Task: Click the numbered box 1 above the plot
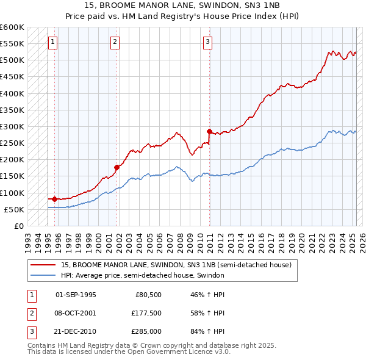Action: tap(52, 42)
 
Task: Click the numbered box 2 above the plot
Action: tap(115, 42)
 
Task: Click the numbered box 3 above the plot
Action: tap(208, 42)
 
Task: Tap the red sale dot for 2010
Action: tap(209, 131)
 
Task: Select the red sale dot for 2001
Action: tap(117, 167)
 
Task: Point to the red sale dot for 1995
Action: tap(54, 199)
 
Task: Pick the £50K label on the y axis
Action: tap(14, 209)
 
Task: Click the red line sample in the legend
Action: tap(43, 265)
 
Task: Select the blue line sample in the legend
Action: tap(43, 275)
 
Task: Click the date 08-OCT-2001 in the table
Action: tap(76, 313)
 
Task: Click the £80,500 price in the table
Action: tap(148, 295)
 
